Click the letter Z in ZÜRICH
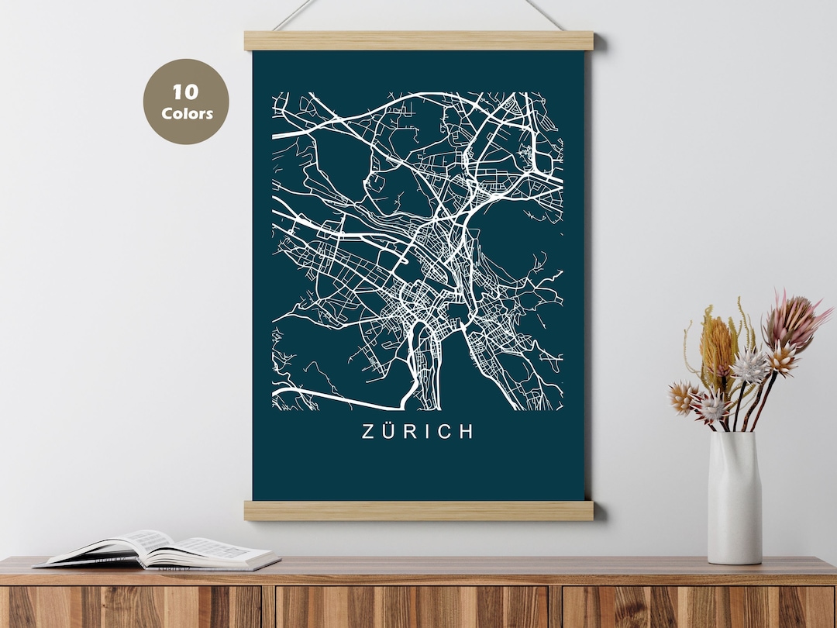[369, 432]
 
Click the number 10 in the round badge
[186, 92]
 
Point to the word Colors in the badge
[187, 113]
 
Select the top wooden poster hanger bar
[418, 41]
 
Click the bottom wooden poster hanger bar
[418, 510]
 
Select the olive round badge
[186, 102]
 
